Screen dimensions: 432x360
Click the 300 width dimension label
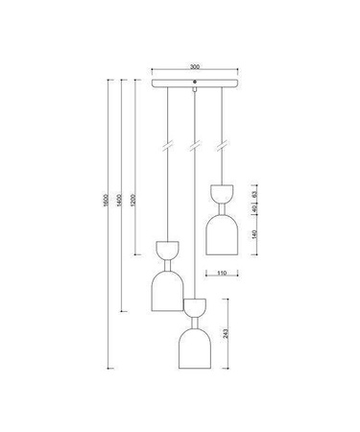click(195, 67)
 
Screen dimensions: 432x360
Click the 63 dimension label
click(254, 191)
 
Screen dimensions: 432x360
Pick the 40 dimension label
click(254, 208)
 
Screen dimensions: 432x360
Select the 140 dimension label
click(254, 235)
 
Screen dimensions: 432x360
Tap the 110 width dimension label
click(221, 274)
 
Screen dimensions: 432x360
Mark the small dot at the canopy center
click(195, 84)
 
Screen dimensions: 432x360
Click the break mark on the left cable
click(168, 146)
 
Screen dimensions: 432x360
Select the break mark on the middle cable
click(195, 146)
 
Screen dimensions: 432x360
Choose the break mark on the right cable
click(222, 146)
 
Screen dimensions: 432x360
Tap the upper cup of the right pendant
click(222, 191)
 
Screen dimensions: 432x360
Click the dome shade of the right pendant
click(222, 234)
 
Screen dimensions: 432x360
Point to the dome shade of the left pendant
click(168, 292)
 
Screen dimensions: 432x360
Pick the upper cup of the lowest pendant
click(195, 308)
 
